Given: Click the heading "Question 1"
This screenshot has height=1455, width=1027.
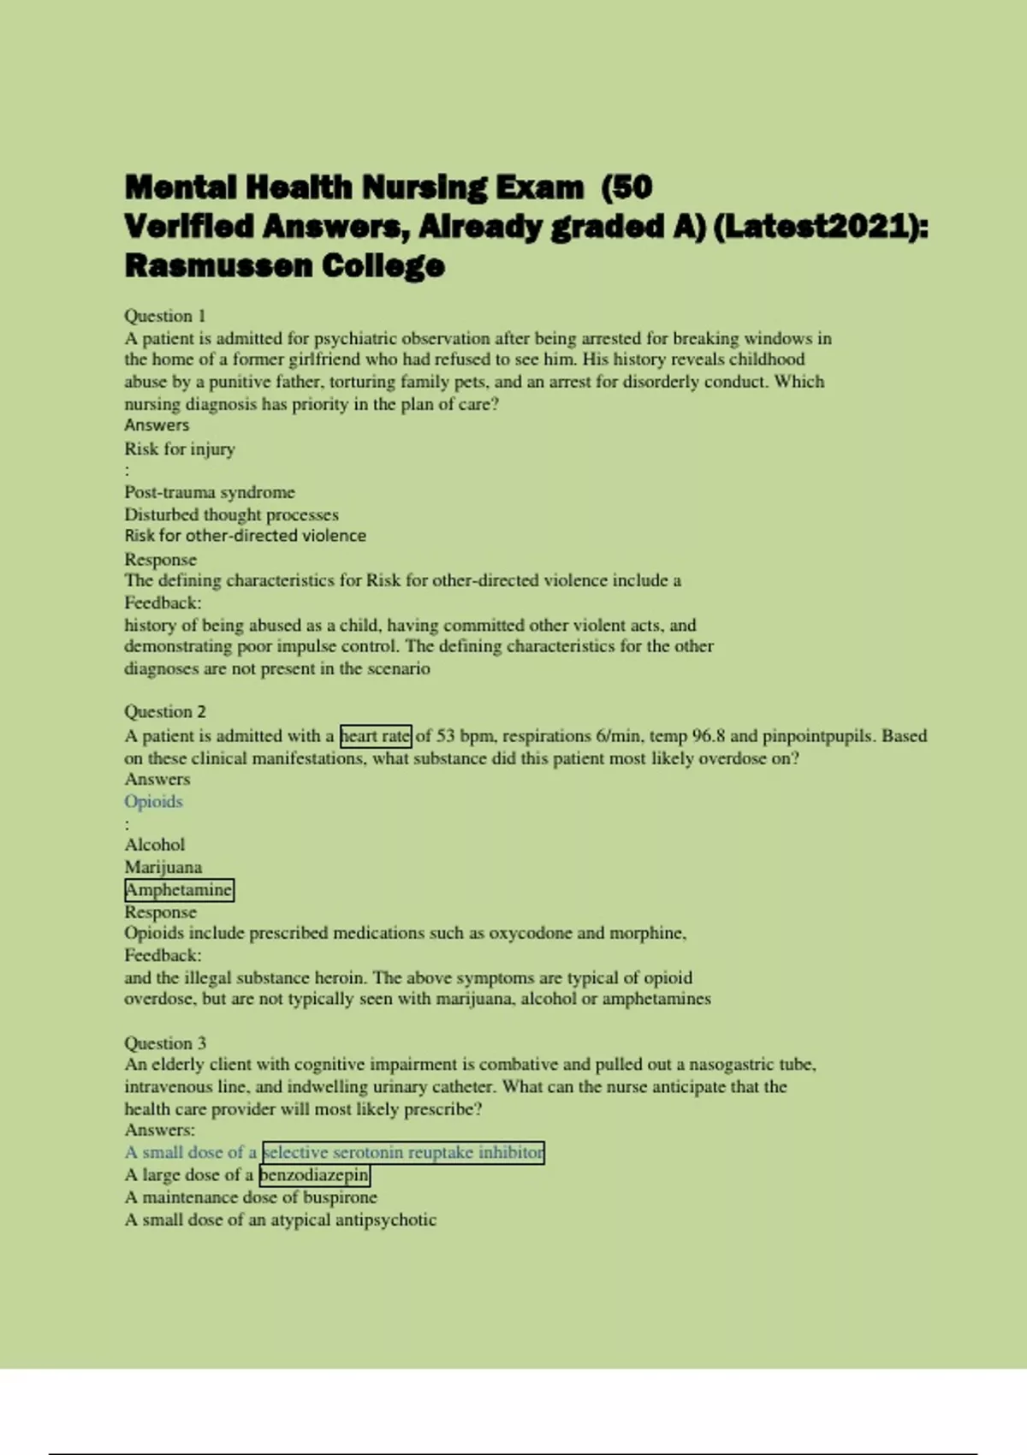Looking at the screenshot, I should click(165, 316).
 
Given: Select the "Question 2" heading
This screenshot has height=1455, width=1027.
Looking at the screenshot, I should click(165, 711).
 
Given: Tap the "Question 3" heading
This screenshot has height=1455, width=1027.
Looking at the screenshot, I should click(165, 1042).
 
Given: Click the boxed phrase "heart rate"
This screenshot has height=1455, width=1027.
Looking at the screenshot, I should click(376, 735).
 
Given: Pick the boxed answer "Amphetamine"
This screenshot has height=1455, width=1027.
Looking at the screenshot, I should click(179, 889).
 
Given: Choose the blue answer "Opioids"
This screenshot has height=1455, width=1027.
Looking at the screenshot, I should click(154, 801).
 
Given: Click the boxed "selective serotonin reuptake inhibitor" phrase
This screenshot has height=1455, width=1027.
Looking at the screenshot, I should click(403, 1152).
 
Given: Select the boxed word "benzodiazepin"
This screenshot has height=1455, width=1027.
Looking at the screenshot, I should click(314, 1174).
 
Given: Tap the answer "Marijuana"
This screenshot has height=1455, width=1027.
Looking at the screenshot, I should click(163, 867).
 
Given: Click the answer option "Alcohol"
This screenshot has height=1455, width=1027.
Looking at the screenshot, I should click(155, 845).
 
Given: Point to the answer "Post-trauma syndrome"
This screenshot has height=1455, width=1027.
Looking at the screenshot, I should click(210, 492).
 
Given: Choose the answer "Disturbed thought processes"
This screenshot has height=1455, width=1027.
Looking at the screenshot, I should click(231, 514).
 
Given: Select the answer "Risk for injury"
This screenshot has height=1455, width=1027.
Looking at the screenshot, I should click(180, 448).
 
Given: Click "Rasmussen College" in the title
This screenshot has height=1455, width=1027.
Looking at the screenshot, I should click(285, 265).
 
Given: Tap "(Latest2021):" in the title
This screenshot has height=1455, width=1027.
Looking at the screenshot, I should click(820, 227).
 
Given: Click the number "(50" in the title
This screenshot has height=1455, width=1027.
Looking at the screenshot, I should click(627, 187).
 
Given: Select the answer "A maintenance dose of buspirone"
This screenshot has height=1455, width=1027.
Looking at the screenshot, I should click(251, 1197).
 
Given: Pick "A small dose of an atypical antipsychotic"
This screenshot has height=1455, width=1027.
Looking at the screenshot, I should click(281, 1219).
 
